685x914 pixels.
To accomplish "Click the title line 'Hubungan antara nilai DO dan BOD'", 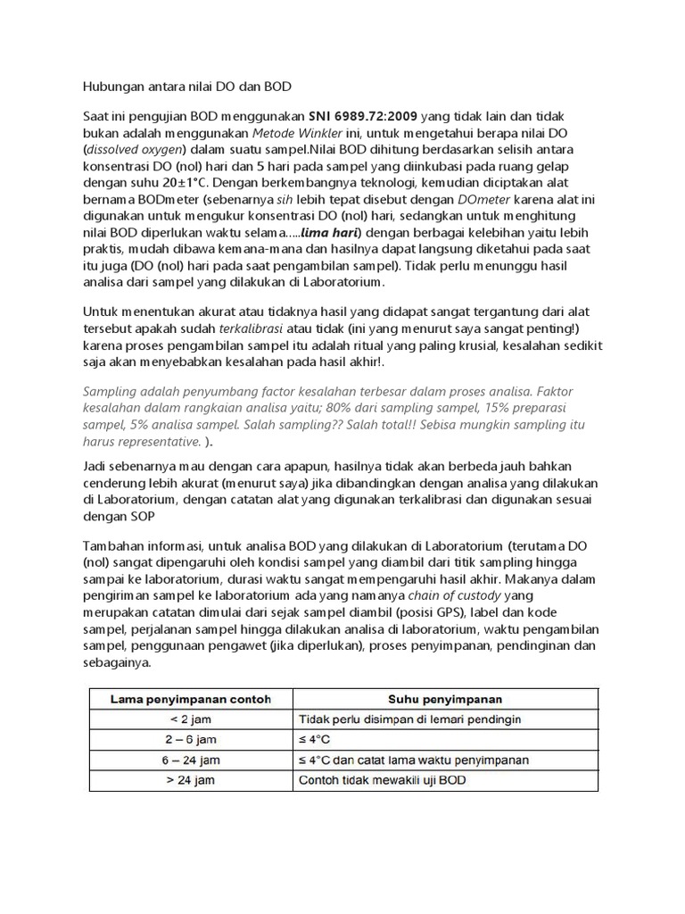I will pos(186,87).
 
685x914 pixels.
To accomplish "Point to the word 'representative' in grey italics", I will pos(141,442).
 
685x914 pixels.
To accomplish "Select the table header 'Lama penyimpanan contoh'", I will pos(190,698).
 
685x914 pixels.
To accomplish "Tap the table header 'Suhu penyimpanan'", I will pos(444,698).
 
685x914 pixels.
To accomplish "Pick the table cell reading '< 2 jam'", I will pos(190,719).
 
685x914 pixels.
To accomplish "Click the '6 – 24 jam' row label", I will pos(190,760).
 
